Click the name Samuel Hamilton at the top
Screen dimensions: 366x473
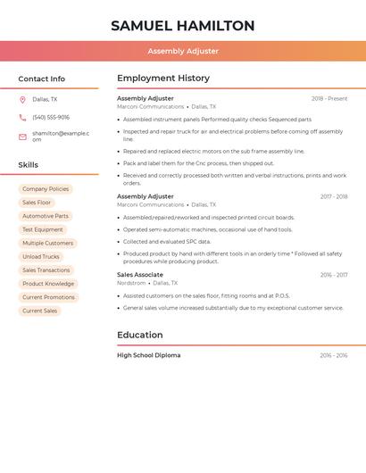click(x=183, y=26)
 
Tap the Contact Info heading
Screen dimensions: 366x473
click(x=41, y=79)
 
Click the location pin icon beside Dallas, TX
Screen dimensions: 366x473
click(x=22, y=99)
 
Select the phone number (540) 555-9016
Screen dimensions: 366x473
click(x=51, y=117)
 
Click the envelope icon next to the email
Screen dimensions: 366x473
click(x=22, y=137)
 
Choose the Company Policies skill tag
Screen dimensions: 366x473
click(x=46, y=189)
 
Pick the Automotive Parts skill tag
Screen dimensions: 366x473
click(x=46, y=216)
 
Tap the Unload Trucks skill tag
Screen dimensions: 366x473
click(x=41, y=257)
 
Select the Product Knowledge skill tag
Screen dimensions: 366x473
click(x=48, y=284)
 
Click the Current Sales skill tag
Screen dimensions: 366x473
click(x=40, y=311)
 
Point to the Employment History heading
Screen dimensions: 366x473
click(x=163, y=78)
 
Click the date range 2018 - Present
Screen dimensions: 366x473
click(x=329, y=99)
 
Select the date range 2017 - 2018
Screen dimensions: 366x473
click(x=334, y=196)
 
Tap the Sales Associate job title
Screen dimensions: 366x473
click(x=140, y=275)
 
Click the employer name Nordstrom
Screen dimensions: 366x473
click(x=131, y=283)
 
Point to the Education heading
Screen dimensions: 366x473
click(x=140, y=335)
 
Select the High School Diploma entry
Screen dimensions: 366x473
click(x=149, y=355)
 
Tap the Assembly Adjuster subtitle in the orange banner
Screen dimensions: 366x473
click(x=183, y=51)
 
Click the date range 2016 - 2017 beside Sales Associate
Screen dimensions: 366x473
click(x=334, y=275)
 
